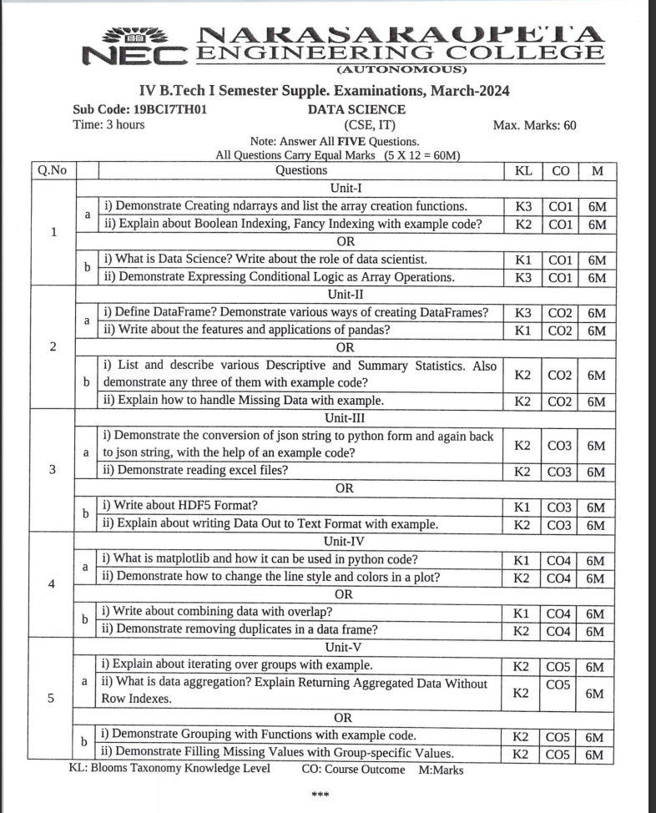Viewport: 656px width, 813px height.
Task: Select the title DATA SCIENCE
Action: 356,109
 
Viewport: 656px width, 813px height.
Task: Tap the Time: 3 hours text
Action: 108,125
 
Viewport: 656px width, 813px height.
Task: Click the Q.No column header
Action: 53,170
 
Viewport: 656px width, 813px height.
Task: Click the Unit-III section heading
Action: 339,418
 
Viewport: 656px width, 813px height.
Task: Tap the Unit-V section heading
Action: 339,647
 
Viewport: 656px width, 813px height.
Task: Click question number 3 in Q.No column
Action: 53,469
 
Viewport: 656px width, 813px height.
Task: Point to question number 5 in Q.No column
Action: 53,699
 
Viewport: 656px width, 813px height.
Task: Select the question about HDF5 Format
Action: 179,507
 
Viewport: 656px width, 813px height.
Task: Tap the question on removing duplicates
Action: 239,629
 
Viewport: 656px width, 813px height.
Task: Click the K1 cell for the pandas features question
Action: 522,330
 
